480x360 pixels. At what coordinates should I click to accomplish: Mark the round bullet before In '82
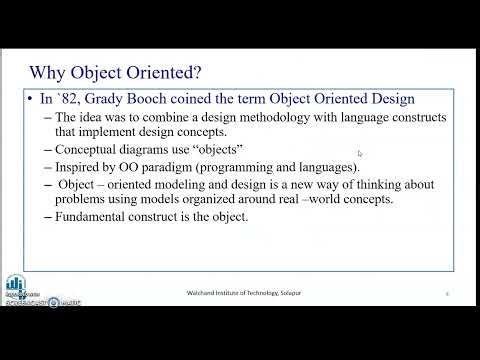click(31, 100)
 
